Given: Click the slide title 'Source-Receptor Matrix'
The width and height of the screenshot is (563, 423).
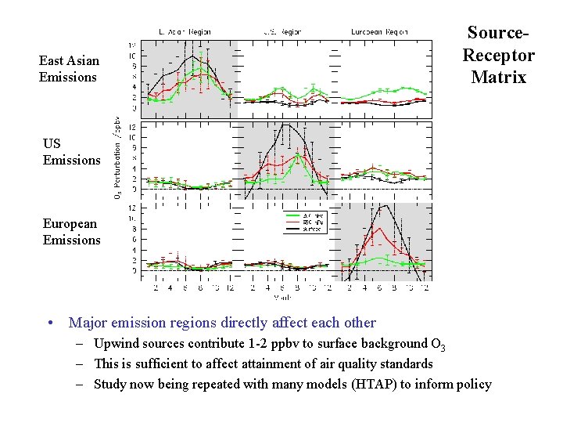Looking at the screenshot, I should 498,55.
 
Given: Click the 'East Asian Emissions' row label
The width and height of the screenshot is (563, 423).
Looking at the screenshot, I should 68,69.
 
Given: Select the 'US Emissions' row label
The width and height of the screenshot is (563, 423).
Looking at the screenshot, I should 71,151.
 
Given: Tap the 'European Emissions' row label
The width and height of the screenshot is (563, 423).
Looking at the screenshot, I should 71,231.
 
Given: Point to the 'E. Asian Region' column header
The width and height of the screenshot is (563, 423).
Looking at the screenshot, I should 185,32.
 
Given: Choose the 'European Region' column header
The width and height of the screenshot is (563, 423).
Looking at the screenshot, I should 379,32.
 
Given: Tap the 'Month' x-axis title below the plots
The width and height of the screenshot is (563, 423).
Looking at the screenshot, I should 283,298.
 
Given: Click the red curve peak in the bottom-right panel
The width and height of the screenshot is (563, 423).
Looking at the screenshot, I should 378,229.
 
